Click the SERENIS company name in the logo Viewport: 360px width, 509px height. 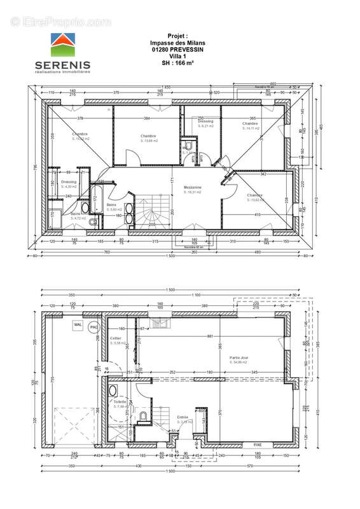(63, 65)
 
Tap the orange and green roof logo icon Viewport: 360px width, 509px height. (62, 46)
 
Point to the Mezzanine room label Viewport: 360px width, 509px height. (193, 188)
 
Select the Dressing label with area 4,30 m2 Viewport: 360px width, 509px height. (69, 183)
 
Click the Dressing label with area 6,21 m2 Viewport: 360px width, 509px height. (205, 122)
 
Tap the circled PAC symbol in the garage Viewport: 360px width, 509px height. (94, 327)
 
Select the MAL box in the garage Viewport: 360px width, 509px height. (78, 324)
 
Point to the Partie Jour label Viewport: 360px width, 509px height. (239, 358)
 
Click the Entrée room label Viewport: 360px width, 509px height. (183, 418)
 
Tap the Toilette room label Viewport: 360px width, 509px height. (118, 402)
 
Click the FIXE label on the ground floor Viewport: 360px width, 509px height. (258, 444)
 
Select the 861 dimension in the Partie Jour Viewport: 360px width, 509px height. (210, 336)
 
